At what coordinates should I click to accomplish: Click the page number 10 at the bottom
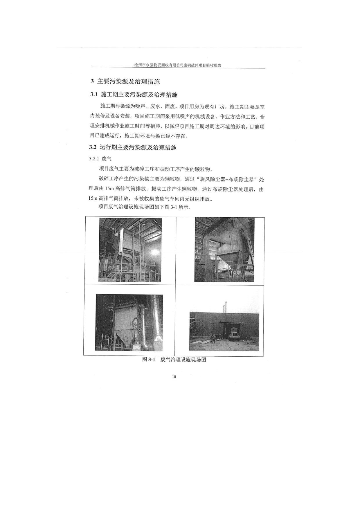pyautogui.click(x=174, y=377)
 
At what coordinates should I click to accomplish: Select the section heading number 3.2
pyautogui.click(x=93, y=147)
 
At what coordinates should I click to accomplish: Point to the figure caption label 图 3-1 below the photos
pyautogui.click(x=149, y=360)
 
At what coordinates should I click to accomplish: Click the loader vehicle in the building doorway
pyautogui.click(x=234, y=334)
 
